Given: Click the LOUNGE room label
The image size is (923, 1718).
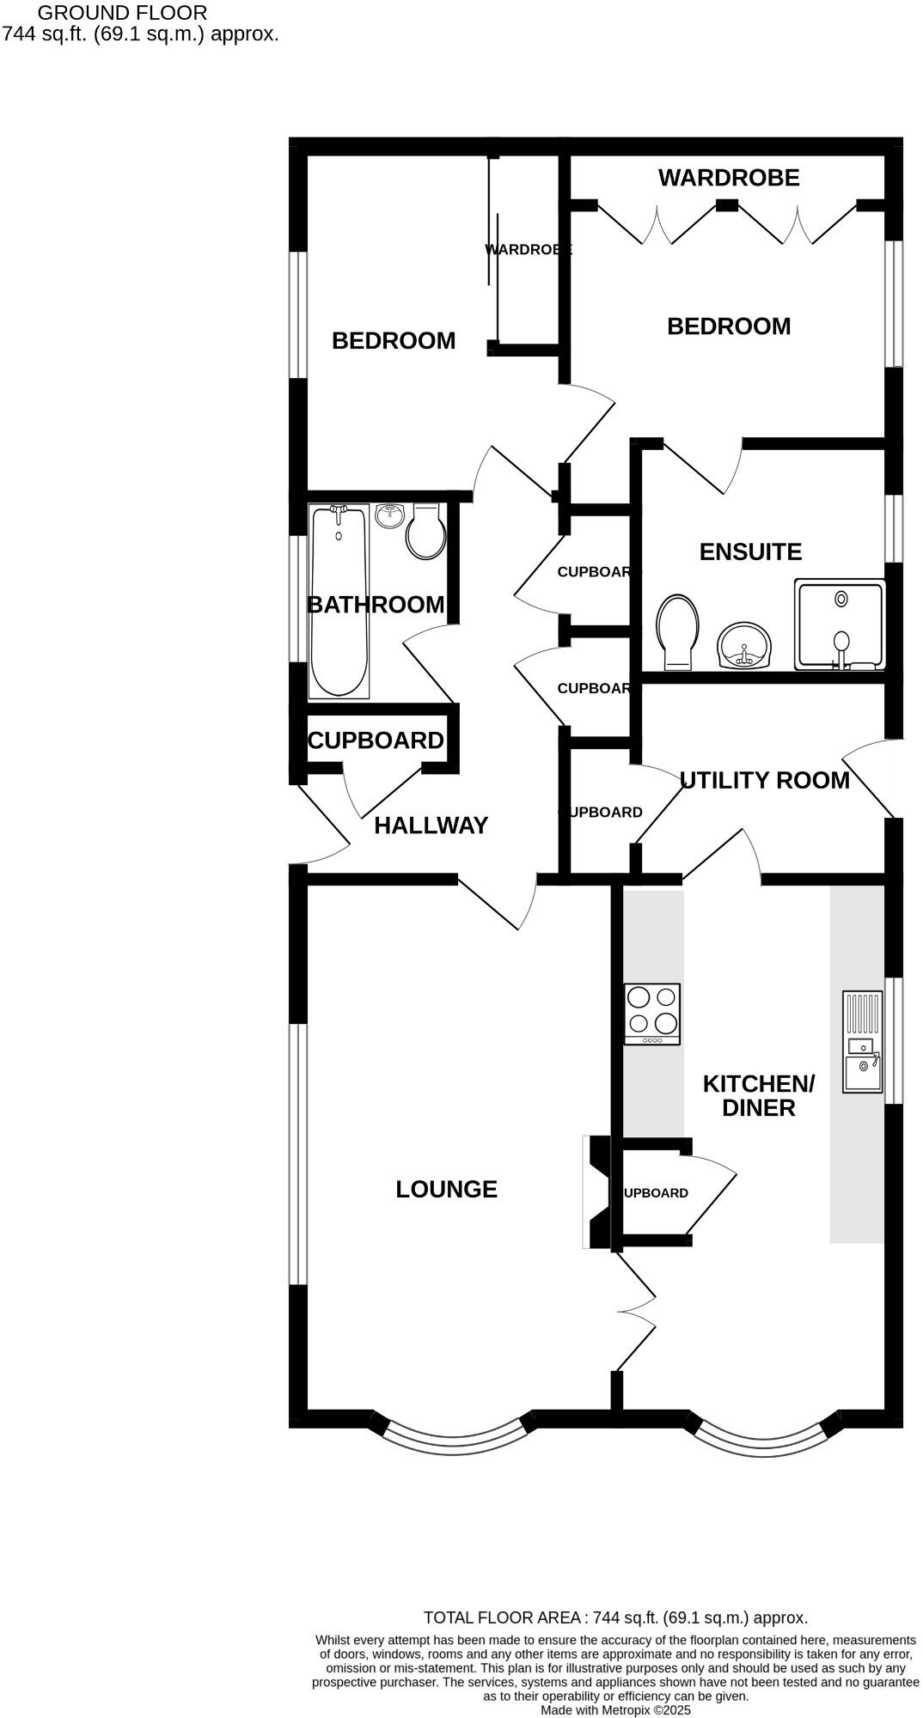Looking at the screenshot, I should coord(446,1189).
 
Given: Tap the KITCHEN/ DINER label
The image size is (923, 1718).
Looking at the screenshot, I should coord(758,1095).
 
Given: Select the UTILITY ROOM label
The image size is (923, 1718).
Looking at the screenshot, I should coord(764,780).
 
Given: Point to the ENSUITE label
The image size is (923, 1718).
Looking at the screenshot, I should coord(750,551).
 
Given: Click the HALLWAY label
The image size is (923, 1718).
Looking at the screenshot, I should coord(431,825).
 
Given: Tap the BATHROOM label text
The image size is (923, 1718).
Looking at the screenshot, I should coord(376,605).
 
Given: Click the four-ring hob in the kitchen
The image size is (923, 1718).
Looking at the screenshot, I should coord(651,1014).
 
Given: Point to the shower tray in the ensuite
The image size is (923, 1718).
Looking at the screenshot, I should coord(840,625).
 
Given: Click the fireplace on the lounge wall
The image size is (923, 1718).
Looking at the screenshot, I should coord(596,1192).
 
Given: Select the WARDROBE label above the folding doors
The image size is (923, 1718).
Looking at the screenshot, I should coord(729,178).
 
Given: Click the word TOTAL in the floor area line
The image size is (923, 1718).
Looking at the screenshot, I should coord(449,1617).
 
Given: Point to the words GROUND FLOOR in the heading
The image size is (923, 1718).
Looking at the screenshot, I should coord(122,13).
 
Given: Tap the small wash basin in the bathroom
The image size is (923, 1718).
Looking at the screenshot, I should coord(390,515).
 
